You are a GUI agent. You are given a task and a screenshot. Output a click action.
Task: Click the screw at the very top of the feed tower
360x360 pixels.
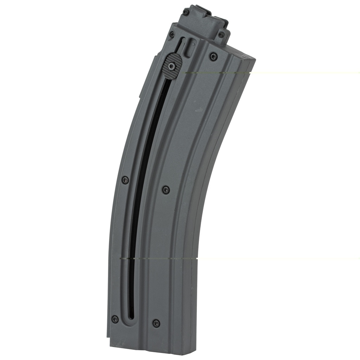[x=186, y=12]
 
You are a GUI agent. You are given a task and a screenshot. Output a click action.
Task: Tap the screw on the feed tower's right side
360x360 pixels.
[x=221, y=34]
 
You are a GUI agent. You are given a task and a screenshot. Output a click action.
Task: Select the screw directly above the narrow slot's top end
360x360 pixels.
[x=172, y=34]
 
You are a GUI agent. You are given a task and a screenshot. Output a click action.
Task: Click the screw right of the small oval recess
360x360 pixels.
[x=213, y=56]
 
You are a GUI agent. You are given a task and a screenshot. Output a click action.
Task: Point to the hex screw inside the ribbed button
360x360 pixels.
[x=172, y=65]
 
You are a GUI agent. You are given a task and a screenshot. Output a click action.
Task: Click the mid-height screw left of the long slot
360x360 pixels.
[x=125, y=180]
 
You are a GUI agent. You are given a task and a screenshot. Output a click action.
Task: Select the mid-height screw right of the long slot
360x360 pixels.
[x=166, y=190]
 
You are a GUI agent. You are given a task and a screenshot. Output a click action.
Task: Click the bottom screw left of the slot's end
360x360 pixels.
[x=115, y=319]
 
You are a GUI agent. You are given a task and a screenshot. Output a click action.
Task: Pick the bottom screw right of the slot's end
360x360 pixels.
[x=156, y=323]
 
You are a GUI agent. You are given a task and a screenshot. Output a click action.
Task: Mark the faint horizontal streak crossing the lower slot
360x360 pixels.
[x=158, y=258]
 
